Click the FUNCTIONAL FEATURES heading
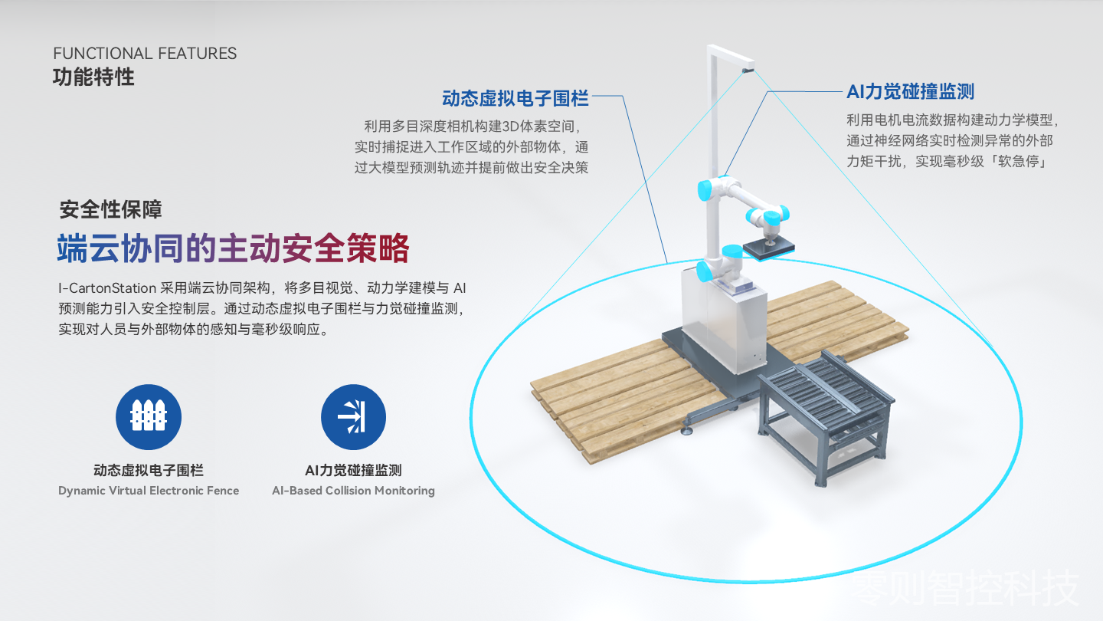pyautogui.click(x=145, y=53)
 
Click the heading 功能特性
pyautogui.click(x=93, y=77)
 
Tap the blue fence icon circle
pyautogui.click(x=149, y=417)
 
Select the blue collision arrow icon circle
pyautogui.click(x=353, y=417)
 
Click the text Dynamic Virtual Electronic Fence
pyautogui.click(x=149, y=491)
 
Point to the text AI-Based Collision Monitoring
pyautogui.click(x=354, y=491)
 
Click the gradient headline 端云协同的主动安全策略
pyautogui.click(x=233, y=248)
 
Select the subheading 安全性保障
pyautogui.click(x=111, y=209)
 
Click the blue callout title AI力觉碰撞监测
pyautogui.click(x=911, y=92)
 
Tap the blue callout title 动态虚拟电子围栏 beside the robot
pyautogui.click(x=515, y=99)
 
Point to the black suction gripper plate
pyautogui.click(x=768, y=248)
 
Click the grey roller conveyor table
pyautogui.click(x=827, y=414)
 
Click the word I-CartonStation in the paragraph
pyautogui.click(x=107, y=287)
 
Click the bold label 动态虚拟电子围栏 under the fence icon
pyautogui.click(x=149, y=470)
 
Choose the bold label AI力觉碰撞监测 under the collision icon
pyautogui.click(x=354, y=470)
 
